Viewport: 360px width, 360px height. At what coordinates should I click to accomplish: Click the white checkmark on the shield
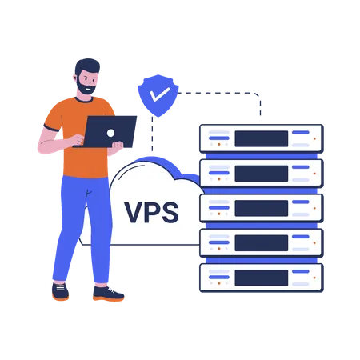(x=159, y=94)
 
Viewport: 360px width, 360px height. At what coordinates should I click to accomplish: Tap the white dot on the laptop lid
(x=110, y=133)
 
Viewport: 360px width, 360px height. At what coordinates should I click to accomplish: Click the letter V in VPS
(x=134, y=212)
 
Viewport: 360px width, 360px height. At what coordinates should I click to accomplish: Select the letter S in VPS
(x=170, y=212)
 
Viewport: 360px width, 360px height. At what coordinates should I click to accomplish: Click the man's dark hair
(x=87, y=66)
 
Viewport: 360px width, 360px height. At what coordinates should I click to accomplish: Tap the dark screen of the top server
(x=262, y=138)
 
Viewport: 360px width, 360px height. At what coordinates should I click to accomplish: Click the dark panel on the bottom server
(x=262, y=278)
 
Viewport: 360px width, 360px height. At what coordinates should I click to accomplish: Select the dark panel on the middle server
(x=262, y=208)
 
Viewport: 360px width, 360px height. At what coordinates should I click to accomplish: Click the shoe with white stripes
(x=60, y=291)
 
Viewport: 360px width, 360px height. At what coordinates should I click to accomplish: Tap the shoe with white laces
(x=108, y=294)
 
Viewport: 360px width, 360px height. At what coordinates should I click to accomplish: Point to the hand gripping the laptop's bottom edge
(x=118, y=145)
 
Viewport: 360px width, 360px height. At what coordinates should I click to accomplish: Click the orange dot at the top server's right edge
(x=314, y=138)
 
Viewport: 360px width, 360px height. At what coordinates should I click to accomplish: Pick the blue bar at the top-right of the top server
(x=301, y=132)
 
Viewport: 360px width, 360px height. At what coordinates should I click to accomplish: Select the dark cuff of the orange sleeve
(x=52, y=128)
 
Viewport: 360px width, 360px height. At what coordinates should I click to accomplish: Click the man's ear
(x=75, y=78)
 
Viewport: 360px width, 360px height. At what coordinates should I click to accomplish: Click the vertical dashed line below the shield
(x=152, y=134)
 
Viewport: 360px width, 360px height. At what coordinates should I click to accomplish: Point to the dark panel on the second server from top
(x=262, y=174)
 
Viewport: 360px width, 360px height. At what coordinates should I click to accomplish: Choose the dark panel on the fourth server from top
(x=262, y=243)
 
